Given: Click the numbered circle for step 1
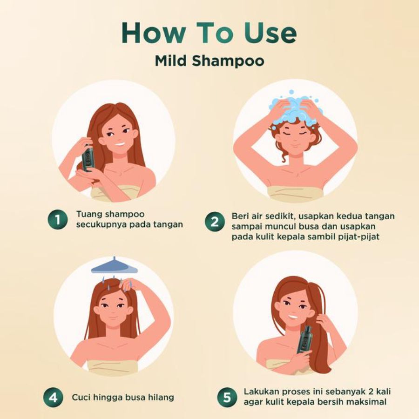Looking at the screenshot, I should [x=57, y=219].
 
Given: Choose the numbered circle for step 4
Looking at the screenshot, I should [x=53, y=398].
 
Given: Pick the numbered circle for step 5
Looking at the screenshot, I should [x=227, y=398].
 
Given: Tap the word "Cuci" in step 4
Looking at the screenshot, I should [x=81, y=398].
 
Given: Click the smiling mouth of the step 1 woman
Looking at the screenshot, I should [x=120, y=143].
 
